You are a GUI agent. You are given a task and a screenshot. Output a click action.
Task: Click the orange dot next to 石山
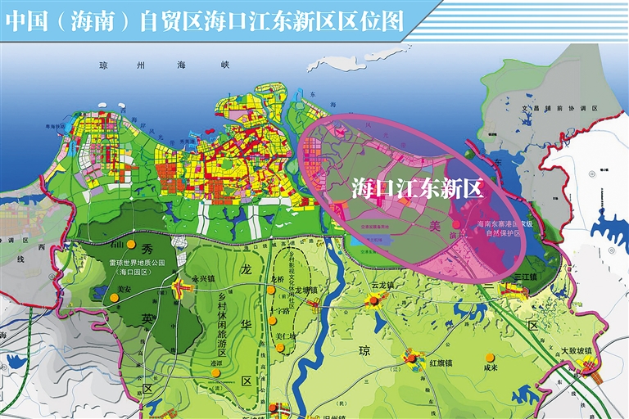(x=120, y=244)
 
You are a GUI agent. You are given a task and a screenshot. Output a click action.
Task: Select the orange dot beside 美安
(x=114, y=299)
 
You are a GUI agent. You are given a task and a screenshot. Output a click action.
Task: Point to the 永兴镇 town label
(x=202, y=278)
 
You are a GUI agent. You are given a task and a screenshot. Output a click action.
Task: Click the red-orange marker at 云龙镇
(x=374, y=300)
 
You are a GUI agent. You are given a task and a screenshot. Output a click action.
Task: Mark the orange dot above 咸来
(x=490, y=357)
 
